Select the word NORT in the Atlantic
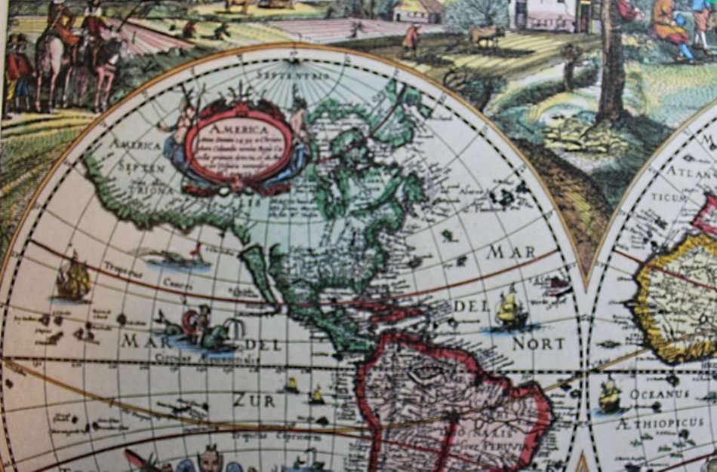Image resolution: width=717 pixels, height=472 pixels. pos(538,343)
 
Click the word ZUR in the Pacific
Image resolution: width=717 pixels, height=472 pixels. pos(254,400)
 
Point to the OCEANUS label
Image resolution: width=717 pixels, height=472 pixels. pos(660,394)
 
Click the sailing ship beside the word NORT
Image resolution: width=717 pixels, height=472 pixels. pos(511,310)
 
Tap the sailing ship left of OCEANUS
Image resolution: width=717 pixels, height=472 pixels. pos(610,395)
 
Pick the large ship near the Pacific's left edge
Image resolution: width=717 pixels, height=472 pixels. pos(73,280)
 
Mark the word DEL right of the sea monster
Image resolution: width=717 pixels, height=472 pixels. pos(263,345)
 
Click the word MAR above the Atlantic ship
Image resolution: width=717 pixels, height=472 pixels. pos(511,252)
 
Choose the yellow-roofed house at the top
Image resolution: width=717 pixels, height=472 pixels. pos(419,11)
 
